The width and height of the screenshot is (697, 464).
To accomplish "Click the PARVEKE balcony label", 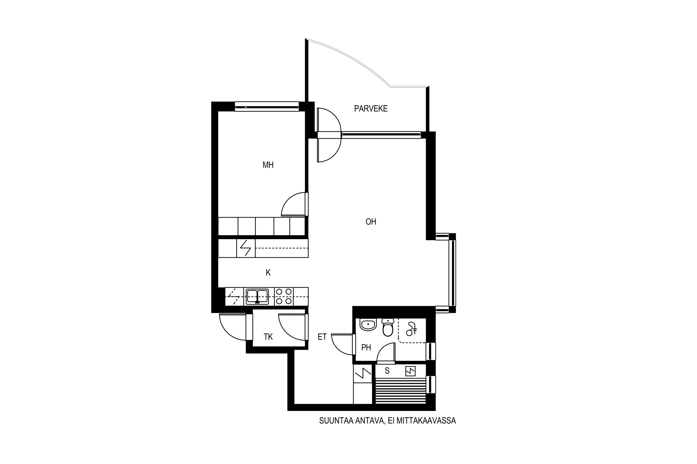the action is click(x=371, y=109).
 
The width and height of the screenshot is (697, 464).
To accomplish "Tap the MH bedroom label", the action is click(x=268, y=165).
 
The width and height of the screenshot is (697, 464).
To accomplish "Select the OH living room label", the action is click(x=371, y=222).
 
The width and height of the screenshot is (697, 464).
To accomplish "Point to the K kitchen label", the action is click(x=268, y=273).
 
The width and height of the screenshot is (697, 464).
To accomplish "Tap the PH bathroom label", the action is click(x=366, y=347).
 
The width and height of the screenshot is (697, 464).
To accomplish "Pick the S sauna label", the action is click(x=387, y=371).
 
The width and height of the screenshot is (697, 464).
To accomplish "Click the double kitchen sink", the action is click(x=257, y=296).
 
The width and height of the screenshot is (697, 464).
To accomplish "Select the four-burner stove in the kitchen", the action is click(x=284, y=296).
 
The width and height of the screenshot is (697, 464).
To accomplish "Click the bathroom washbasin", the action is click(x=368, y=325).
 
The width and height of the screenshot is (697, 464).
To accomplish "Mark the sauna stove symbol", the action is click(x=411, y=371).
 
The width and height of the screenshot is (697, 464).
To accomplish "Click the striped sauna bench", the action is click(x=400, y=391).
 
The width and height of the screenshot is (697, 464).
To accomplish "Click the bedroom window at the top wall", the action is click(x=267, y=106).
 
